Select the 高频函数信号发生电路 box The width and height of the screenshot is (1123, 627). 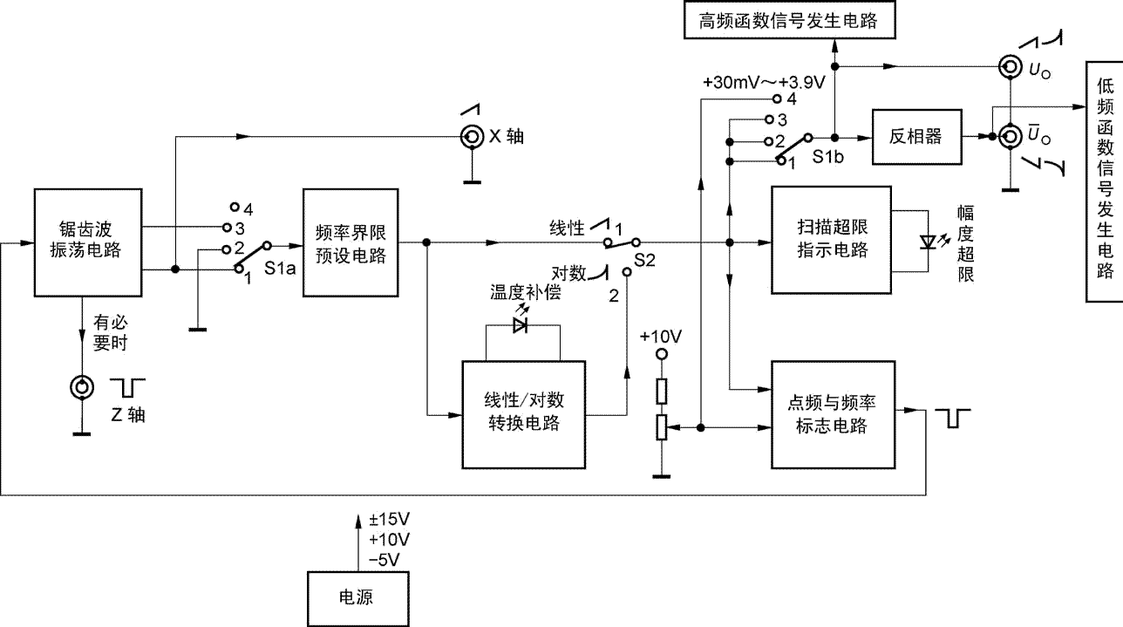point(789,22)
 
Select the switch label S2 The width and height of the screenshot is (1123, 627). point(646,259)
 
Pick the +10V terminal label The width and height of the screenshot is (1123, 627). point(661,337)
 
